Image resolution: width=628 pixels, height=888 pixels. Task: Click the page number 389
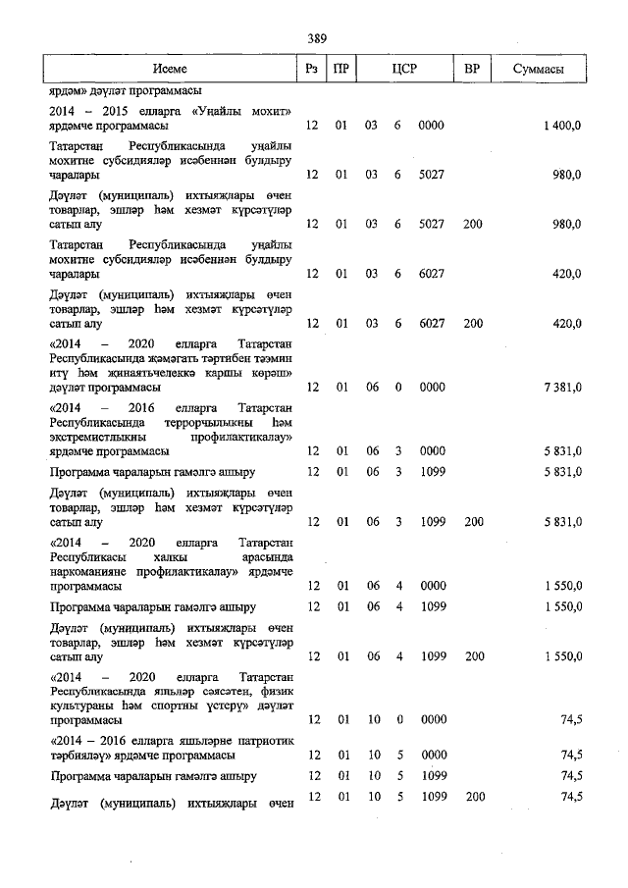(316, 38)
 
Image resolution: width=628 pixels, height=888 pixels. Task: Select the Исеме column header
(169, 70)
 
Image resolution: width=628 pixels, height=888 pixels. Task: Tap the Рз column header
(312, 70)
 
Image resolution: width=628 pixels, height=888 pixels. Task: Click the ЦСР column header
(404, 70)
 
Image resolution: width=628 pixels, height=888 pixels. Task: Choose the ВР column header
(473, 70)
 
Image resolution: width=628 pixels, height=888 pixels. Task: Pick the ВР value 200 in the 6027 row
(473, 322)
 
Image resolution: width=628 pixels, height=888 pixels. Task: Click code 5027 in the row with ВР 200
(431, 225)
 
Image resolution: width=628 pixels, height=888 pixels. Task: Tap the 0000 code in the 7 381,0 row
(431, 388)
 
